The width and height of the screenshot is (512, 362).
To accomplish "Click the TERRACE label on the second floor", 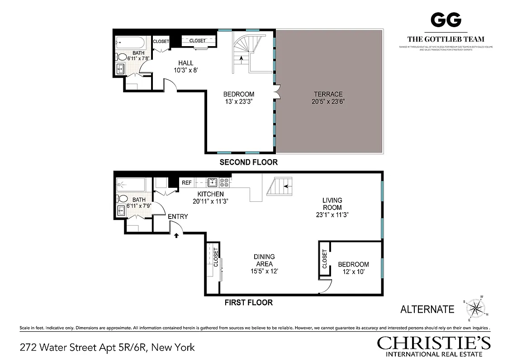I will (328, 94).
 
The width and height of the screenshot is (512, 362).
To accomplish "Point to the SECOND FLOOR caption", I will (248, 162).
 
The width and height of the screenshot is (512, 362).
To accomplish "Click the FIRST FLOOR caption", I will (248, 302).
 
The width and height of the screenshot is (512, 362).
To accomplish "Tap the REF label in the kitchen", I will (186, 183).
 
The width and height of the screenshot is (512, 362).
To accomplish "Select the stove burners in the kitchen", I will (224, 183).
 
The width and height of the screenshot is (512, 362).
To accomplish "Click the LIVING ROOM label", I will (332, 204).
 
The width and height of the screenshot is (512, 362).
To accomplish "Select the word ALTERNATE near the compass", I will (427, 310).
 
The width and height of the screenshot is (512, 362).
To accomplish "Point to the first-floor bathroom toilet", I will (122, 198).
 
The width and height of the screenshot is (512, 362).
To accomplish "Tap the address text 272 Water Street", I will (107, 348).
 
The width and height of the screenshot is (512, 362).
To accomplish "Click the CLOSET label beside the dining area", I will (216, 257).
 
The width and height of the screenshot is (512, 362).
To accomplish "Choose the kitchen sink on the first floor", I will (213, 183).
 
